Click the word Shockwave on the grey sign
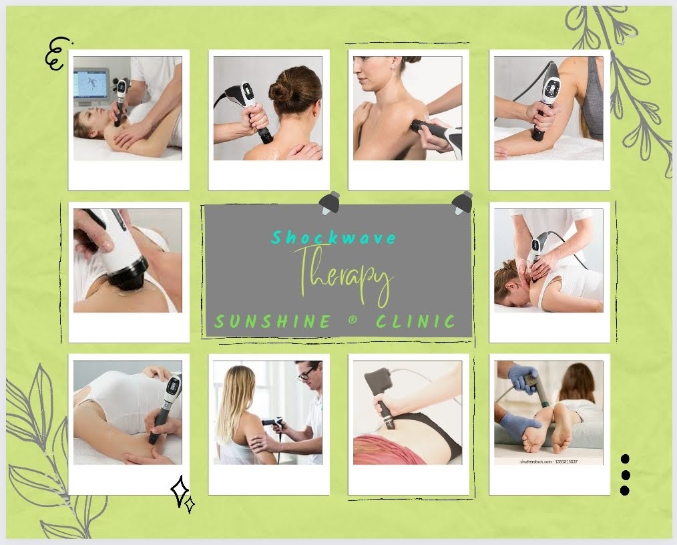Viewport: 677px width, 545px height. tap(334, 238)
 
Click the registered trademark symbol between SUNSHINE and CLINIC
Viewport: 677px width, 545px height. tap(353, 322)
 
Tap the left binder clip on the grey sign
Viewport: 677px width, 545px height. tap(330, 202)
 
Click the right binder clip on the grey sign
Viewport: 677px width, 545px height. tap(462, 201)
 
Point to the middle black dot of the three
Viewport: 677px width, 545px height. tap(625, 475)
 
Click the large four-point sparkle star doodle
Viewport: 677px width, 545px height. tap(180, 492)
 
